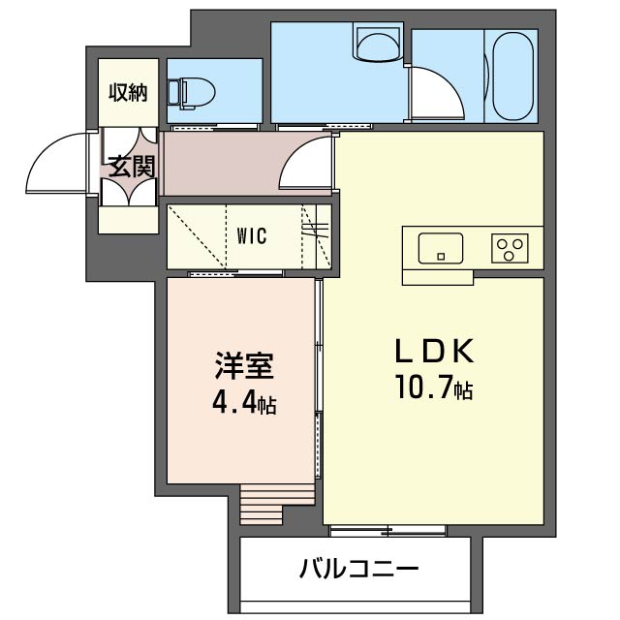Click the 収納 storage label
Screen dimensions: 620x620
(128, 93)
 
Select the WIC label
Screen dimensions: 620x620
(252, 235)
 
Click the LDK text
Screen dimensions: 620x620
(435, 351)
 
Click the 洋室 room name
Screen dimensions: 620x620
(244, 365)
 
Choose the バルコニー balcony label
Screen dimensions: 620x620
(358, 569)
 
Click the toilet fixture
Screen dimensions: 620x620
(192, 93)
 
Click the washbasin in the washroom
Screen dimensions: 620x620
(378, 44)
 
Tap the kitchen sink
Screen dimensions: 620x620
(441, 248)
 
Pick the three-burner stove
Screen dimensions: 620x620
(510, 248)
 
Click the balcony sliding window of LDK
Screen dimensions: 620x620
(387, 531)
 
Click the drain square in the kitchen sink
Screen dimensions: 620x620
(441, 257)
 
